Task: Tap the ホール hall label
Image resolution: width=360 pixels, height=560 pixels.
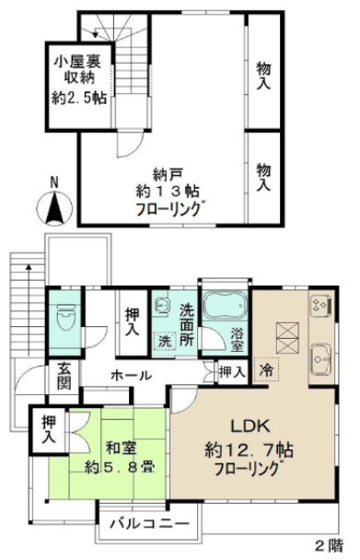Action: (132, 377)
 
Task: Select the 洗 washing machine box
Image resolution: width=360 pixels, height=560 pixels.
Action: (165, 339)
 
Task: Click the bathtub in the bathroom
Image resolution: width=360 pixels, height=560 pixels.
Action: (224, 308)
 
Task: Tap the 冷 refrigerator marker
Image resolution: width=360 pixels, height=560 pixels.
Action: (266, 372)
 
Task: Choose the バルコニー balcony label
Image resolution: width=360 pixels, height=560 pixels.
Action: (149, 524)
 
